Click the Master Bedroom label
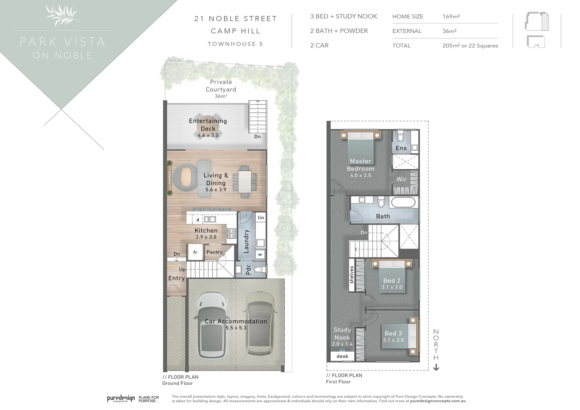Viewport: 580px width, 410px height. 360,165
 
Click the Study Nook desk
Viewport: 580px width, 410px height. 342,356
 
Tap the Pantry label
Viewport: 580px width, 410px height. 214,252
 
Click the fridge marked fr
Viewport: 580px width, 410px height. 195,252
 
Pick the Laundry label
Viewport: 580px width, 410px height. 246,241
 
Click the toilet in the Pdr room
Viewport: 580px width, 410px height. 259,270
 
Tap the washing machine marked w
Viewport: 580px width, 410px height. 260,254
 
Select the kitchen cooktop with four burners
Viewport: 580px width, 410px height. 232,233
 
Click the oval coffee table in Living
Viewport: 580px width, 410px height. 186,177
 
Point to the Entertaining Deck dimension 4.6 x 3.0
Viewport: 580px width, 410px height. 208,135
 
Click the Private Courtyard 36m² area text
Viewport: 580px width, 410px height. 221,96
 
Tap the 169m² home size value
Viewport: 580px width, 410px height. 451,17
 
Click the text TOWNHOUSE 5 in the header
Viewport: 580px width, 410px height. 235,44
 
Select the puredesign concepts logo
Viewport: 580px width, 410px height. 121,398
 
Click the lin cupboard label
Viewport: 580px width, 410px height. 261,218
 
